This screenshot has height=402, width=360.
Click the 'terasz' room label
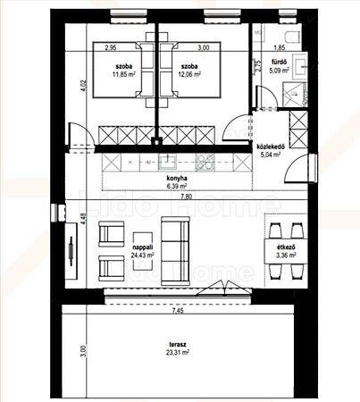pyautogui.click(x=178, y=345)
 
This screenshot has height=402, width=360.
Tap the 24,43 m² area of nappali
pyautogui.click(x=142, y=255)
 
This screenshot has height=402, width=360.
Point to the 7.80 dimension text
pyautogui.click(x=186, y=197)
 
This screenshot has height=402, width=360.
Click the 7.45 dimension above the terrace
pyautogui.click(x=178, y=311)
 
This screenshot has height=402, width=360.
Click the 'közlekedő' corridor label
pyautogui.click(x=271, y=147)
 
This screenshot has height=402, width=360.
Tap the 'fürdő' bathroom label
pyautogui.click(x=279, y=63)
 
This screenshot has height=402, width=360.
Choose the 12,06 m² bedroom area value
pyautogui.click(x=188, y=74)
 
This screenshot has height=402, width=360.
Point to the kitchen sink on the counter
pyautogui.click(x=167, y=162)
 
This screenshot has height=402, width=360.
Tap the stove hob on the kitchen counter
pyautogui.click(x=205, y=163)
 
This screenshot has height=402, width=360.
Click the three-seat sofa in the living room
pyautogui.click(x=175, y=251)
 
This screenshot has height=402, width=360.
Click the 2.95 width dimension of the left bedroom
pyautogui.click(x=111, y=47)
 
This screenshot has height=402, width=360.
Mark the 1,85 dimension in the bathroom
pyautogui.click(x=280, y=47)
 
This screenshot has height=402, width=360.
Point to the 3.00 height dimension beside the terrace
pyautogui.click(x=83, y=351)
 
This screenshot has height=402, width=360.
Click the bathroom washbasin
pyautogui.click(x=299, y=66)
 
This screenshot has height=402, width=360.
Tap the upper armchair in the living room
pyautogui.click(x=111, y=234)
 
